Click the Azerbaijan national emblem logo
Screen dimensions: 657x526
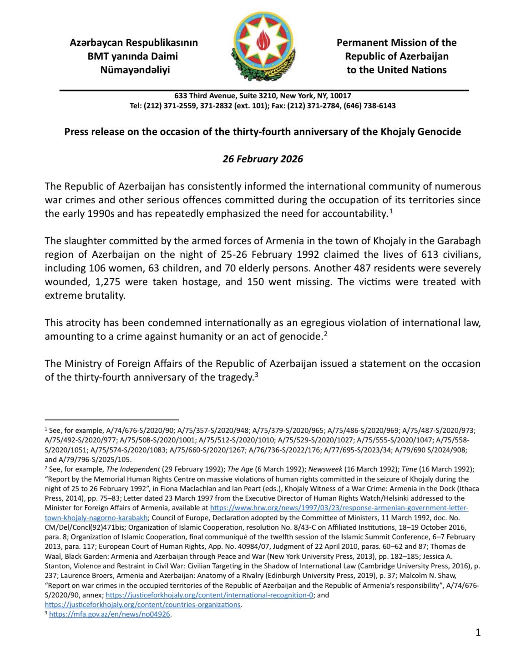pyautogui.click(x=263, y=47)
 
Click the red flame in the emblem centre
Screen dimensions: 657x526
pyautogui.click(x=263, y=41)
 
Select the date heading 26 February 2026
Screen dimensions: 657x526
pyautogui.click(x=263, y=159)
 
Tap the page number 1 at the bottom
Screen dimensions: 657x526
pyautogui.click(x=478, y=632)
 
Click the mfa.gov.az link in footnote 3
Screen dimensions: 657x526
pyautogui.click(x=109, y=614)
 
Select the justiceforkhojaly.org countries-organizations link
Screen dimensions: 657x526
pyautogui.click(x=142, y=605)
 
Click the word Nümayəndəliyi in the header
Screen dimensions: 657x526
pyautogui.click(x=135, y=70)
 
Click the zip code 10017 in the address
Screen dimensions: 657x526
pyautogui.click(x=341, y=96)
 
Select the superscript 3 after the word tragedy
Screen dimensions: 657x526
pyautogui.click(x=257, y=376)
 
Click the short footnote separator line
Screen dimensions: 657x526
pyautogui.click(x=111, y=420)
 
